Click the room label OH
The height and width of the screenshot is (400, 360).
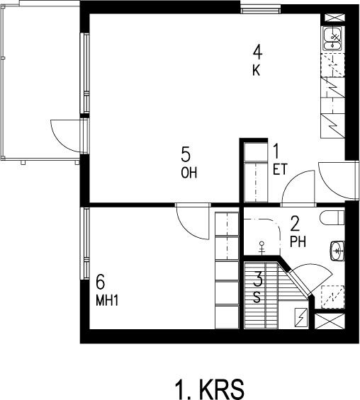point(189,173)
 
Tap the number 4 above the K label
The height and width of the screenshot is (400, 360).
point(257,52)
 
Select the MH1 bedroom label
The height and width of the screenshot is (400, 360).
point(107,300)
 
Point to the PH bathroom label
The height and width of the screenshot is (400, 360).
point(298,241)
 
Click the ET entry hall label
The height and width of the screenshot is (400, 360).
point(280,169)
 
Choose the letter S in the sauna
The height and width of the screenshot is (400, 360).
point(257,297)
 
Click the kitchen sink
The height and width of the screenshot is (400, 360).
point(332,39)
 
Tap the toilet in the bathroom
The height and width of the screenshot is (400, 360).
point(332,217)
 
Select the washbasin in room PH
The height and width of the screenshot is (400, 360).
point(337,251)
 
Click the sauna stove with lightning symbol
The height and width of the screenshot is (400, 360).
point(301,318)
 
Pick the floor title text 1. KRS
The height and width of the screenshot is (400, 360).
point(209,390)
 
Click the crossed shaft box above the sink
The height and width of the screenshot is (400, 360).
point(334,18)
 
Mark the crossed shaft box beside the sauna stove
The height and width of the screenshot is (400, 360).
point(330,321)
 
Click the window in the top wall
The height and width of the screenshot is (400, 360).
point(260,10)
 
